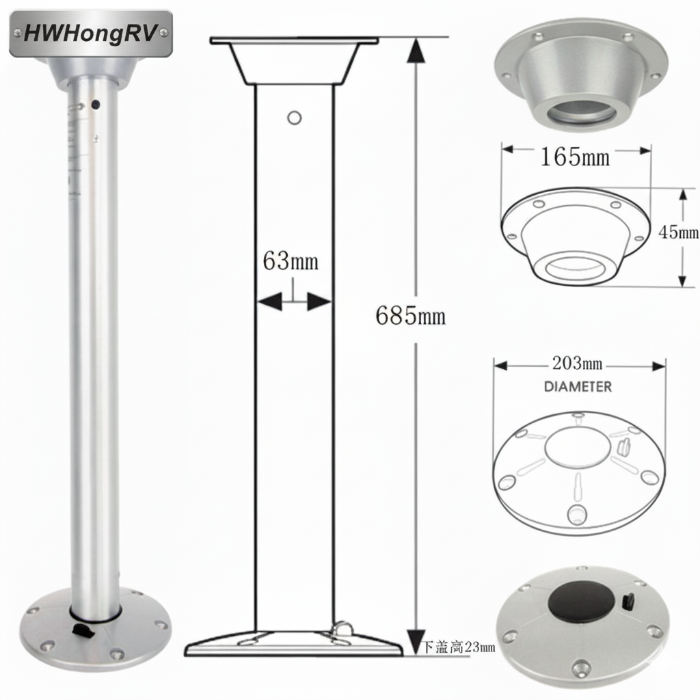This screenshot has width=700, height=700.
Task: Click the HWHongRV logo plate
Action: [91, 33]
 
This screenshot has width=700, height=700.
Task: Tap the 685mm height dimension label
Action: [411, 316]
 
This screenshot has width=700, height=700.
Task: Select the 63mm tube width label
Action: [290, 260]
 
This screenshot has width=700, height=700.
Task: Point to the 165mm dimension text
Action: [575, 157]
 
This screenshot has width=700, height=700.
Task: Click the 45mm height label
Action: [678, 232]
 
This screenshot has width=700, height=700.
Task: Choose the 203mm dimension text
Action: [577, 364]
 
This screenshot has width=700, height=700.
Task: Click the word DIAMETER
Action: [578, 387]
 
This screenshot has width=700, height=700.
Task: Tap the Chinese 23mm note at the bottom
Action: [459, 647]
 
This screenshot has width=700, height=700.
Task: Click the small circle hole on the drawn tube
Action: [294, 118]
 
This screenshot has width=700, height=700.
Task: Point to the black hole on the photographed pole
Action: [95, 105]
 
